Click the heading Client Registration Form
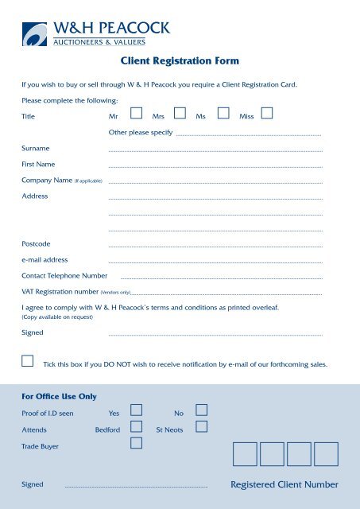coord(180,60)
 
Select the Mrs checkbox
coord(180,115)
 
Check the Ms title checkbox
coord(223,115)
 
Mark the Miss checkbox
coord(267,115)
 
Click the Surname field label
coord(36,148)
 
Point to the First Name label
coord(38,164)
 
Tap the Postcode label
coord(37,243)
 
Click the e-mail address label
coord(45,259)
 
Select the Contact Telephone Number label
coord(64,275)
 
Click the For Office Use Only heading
coord(59,396)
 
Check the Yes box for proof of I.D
coord(136,410)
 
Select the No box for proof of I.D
coord(201,410)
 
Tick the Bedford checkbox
coord(136,427)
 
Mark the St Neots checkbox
coord(201,427)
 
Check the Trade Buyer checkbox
coord(136,443)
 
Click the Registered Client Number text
coord(284,484)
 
